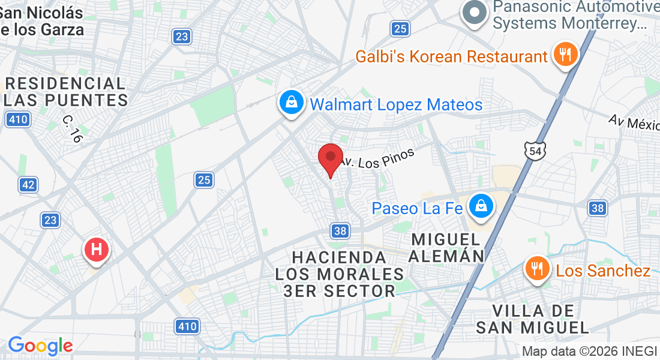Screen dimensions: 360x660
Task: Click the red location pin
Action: [x=330, y=158]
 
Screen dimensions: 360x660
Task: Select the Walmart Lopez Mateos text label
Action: [x=396, y=105]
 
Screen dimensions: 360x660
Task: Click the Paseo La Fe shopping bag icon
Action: [x=481, y=206]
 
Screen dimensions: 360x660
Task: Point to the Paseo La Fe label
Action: [x=418, y=209]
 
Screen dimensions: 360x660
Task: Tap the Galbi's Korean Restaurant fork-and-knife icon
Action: [x=565, y=55]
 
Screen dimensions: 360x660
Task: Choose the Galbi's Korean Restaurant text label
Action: [x=451, y=57]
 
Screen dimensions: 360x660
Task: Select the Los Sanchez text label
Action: [x=603, y=271]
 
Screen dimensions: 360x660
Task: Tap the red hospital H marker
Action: [x=96, y=249]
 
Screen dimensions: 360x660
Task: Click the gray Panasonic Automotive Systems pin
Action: [x=475, y=13]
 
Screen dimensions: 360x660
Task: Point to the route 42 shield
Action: [x=28, y=184]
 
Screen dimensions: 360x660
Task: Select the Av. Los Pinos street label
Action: [x=377, y=157]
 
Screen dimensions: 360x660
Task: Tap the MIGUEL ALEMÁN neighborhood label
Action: [x=447, y=248]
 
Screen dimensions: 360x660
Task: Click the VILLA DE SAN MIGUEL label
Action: [x=533, y=319]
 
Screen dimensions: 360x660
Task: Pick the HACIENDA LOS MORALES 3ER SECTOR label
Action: [x=339, y=274]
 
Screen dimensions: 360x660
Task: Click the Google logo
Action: [x=40, y=346]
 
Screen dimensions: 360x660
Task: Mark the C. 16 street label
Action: [x=72, y=128]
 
